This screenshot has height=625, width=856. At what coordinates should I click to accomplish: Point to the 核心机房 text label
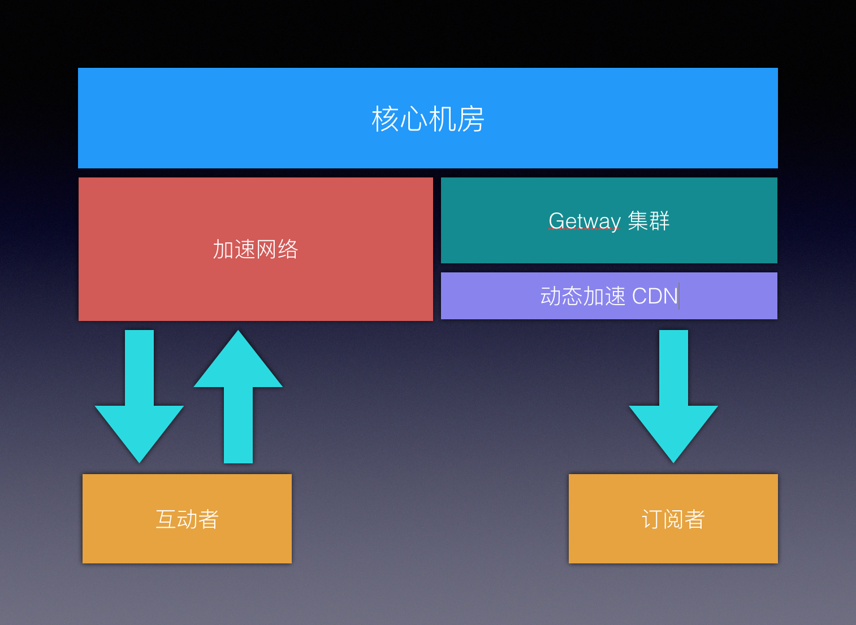pos(428,119)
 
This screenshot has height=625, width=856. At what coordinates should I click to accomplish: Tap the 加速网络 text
pos(255,249)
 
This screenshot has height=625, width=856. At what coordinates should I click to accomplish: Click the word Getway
pos(585,220)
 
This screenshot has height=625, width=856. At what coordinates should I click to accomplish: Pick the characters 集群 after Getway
pos(649,220)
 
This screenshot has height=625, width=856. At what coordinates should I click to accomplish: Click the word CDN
pos(655,296)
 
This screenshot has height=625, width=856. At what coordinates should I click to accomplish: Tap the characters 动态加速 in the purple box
pos(582,296)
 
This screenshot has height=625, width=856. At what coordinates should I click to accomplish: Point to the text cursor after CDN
pos(679,296)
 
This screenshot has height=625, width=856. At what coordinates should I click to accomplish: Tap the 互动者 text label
pos(187,519)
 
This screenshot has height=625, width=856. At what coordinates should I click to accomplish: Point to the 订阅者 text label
pos(673,519)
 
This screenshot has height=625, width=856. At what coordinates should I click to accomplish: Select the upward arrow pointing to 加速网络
pos(238,407)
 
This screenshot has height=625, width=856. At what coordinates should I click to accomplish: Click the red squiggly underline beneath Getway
pos(585,229)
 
